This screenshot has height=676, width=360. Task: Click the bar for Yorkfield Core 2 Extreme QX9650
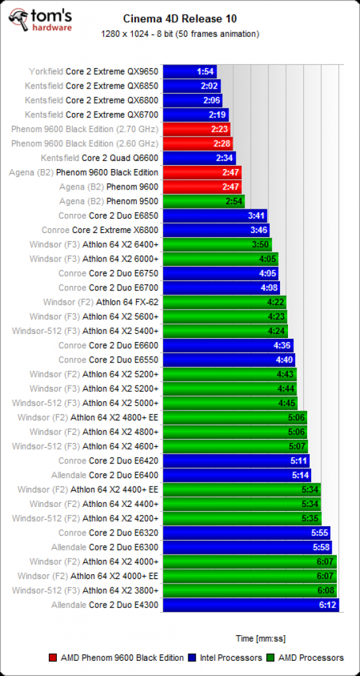[190, 71]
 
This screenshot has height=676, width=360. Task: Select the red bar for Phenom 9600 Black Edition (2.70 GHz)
[197, 129]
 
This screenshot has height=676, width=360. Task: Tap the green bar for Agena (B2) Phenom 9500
[204, 201]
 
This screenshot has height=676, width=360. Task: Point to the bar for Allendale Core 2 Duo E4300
[251, 605]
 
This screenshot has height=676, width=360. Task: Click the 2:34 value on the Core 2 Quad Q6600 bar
[224, 158]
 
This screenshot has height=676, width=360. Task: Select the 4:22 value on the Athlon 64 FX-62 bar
[275, 302]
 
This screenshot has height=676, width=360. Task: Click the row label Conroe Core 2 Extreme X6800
[100, 230]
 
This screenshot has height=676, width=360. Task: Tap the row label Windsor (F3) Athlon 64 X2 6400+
[94, 244]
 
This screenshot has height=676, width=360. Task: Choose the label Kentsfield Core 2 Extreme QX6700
[92, 115]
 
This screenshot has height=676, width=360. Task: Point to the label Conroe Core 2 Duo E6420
[108, 461]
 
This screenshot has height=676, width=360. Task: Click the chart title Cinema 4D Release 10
[180, 18]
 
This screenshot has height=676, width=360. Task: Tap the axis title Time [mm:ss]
[260, 638]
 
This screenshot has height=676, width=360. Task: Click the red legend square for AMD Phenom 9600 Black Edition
[54, 658]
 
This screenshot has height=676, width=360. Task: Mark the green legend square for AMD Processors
[271, 658]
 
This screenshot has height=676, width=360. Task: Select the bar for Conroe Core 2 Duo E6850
[215, 216]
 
